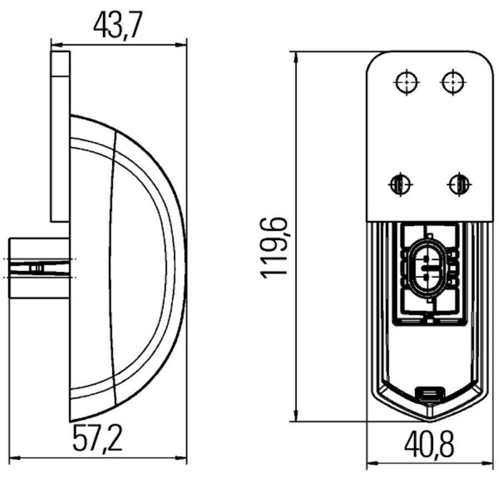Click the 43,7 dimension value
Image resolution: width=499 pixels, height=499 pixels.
pyautogui.click(x=116, y=25)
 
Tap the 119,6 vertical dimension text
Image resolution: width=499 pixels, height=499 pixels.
pyautogui.click(x=274, y=248)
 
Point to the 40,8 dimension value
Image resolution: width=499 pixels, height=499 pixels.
pyautogui.click(x=429, y=444)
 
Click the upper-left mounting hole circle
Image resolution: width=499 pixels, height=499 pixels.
pyautogui.click(x=407, y=82)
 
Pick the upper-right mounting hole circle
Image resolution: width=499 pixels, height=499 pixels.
pyautogui.click(x=453, y=82)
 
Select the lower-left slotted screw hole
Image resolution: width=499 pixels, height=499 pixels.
pyautogui.click(x=400, y=184)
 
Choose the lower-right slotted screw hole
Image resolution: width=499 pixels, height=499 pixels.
pyautogui.click(x=460, y=184)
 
